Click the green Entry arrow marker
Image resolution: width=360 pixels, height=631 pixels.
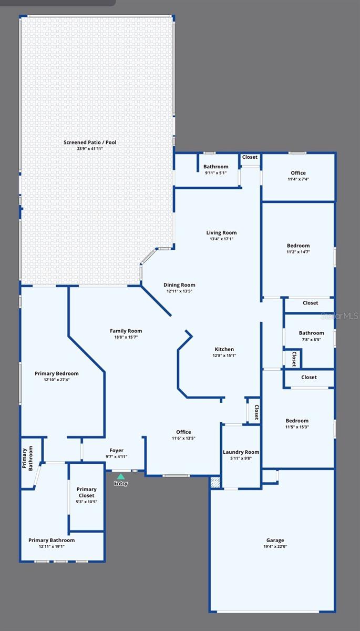(x=121, y=476)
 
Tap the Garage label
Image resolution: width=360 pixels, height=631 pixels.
(x=275, y=540)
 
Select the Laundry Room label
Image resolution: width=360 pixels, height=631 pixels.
(x=241, y=452)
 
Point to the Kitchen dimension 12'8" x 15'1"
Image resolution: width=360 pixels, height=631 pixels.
(x=224, y=355)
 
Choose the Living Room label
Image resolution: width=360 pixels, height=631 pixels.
(x=221, y=232)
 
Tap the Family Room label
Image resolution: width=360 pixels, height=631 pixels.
(x=126, y=331)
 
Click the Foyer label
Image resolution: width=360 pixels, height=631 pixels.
(x=116, y=450)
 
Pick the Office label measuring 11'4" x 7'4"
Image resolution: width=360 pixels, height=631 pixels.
(x=298, y=173)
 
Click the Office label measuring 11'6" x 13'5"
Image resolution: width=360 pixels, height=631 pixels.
(x=183, y=432)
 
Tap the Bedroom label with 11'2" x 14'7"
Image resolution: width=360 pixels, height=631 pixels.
(x=298, y=246)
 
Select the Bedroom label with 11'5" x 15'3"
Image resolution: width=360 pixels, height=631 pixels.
(x=297, y=421)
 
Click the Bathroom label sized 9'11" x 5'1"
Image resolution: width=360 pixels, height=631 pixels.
(x=216, y=167)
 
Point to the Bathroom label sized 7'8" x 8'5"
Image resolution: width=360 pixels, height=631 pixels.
(x=311, y=333)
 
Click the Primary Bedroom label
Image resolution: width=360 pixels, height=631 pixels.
(x=56, y=373)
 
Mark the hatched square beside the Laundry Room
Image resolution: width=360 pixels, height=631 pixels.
(x=215, y=483)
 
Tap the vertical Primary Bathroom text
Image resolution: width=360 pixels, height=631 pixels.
(x=27, y=459)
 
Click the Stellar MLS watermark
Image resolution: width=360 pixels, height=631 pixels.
(x=340, y=316)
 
